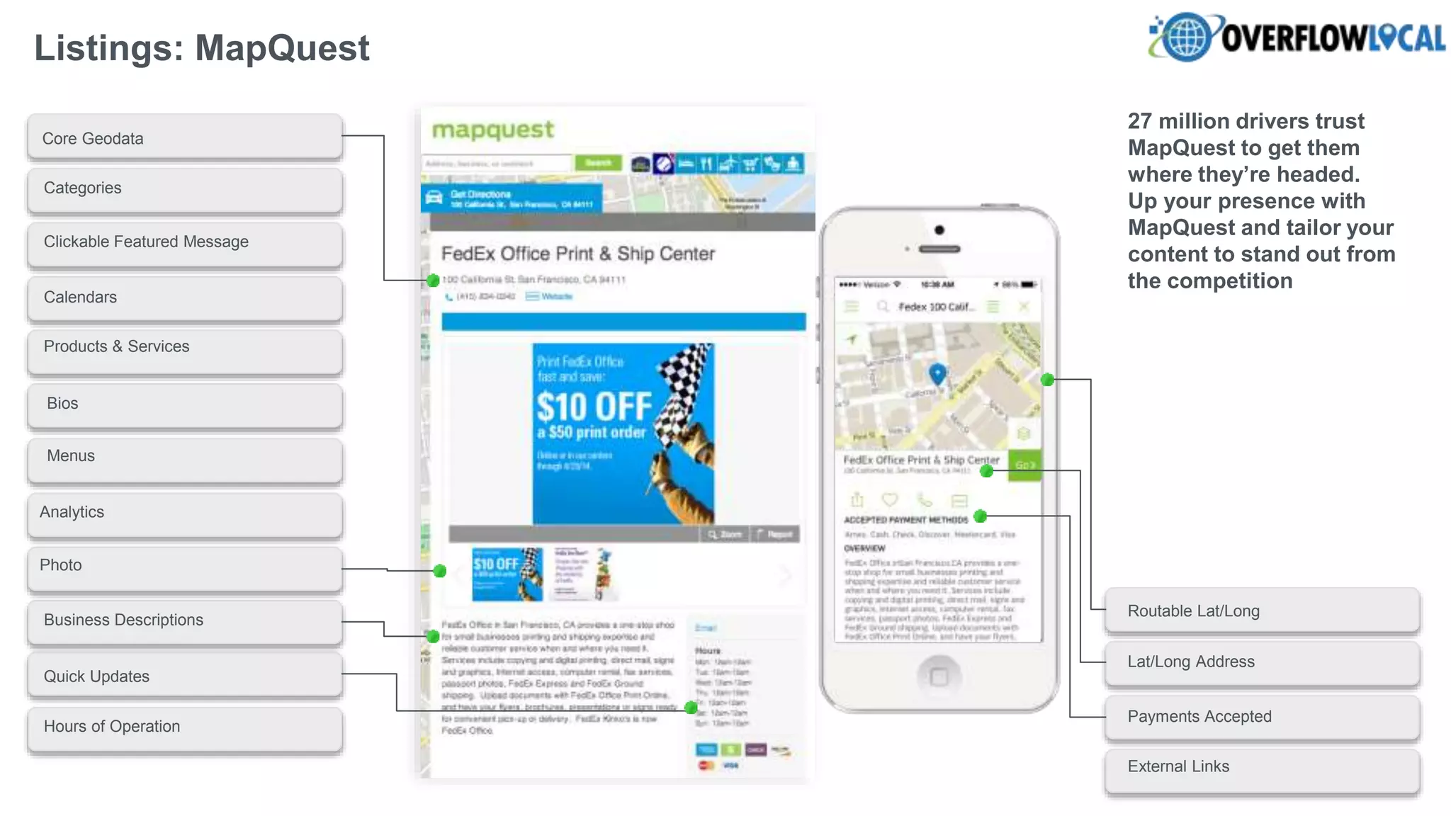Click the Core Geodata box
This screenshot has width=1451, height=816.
pos(185,138)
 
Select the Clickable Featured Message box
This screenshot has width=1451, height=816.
pos(185,242)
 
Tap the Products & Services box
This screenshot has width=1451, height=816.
pos(185,347)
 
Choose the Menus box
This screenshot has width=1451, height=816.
pos(185,457)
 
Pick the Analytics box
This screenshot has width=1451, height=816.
pos(185,512)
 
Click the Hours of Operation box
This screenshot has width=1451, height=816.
pos(185,727)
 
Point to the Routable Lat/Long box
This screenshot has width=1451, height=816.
pos(1262,611)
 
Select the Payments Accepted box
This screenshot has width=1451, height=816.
pos(1262,716)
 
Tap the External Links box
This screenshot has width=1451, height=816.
pos(1262,767)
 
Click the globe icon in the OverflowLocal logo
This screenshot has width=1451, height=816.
pos(1185,37)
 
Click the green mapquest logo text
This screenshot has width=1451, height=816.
pos(493,130)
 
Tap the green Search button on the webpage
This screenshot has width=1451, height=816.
pos(598,163)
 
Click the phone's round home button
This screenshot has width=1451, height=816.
pos(939,676)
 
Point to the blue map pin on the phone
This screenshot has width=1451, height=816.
pos(937,373)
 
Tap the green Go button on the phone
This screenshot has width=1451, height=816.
pos(1024,465)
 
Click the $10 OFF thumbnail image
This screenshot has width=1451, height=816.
pos(507,574)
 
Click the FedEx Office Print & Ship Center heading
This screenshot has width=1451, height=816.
pos(577,254)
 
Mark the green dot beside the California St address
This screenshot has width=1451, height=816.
pos(433,280)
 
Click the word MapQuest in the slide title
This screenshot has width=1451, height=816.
pos(282,48)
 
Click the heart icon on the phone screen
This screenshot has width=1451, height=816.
pos(890,500)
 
